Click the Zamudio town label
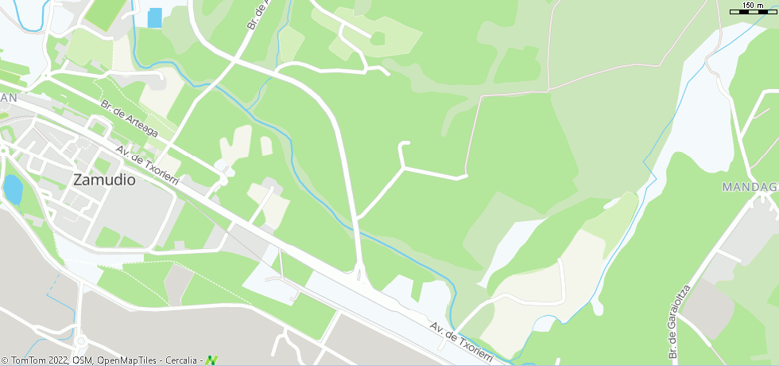coord(103,179)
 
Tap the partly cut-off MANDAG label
coord(749,187)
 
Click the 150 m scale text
coord(753,5)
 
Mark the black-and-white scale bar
coord(752,12)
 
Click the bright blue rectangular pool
coord(154,18)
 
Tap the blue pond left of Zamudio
coord(12,189)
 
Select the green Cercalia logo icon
coord(211,360)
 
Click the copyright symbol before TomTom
coord(5,360)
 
